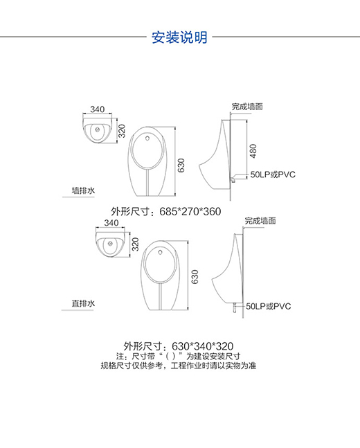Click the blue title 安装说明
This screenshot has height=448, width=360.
[179, 37]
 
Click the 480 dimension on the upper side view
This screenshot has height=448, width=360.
[253, 151]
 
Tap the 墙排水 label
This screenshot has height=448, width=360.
[83, 190]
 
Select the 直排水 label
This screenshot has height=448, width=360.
[83, 303]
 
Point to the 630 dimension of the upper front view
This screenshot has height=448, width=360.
[181, 165]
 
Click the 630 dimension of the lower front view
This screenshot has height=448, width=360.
[195, 277]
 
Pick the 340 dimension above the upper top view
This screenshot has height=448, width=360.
[98, 109]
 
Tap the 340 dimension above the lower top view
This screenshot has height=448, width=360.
[111, 222]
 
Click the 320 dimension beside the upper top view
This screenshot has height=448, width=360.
[122, 131]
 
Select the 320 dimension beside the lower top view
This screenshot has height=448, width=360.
[136, 244]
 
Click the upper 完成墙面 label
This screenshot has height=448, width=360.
[247, 107]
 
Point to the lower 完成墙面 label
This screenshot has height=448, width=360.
[260, 221]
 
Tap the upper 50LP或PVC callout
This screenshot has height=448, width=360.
[273, 174]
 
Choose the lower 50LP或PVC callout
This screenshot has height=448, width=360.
[269, 306]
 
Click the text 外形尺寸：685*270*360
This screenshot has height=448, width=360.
[166, 212]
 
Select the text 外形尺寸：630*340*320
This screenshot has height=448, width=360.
[179, 346]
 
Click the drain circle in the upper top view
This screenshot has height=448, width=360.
[98, 129]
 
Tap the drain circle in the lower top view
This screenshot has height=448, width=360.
[111, 244]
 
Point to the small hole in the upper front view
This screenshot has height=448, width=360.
[147, 139]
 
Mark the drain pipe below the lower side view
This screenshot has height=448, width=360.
[235, 307]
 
